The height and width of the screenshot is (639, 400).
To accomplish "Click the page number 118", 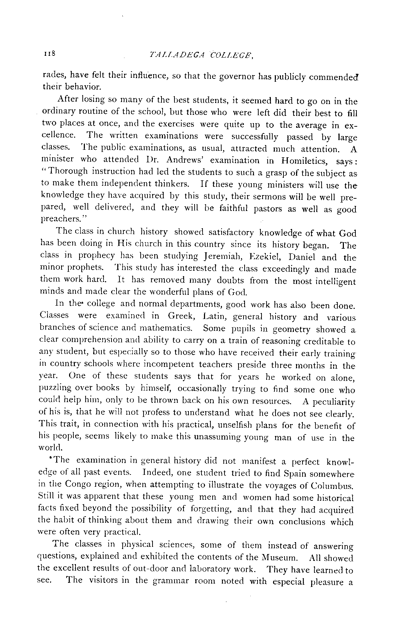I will pyautogui.click(x=48, y=54).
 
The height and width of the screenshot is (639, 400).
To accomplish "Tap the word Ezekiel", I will pyautogui.click(x=274, y=257).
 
